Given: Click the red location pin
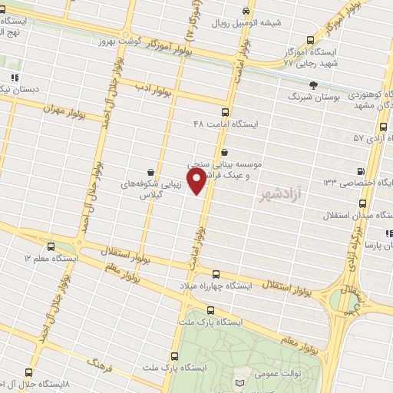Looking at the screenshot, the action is (197, 180).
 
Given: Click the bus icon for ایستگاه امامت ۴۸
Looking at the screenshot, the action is (224, 111).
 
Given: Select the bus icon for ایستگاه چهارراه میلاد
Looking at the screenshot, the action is (216, 273).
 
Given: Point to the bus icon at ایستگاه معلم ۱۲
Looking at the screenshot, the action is (51, 247).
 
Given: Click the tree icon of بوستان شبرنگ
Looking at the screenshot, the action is (313, 85).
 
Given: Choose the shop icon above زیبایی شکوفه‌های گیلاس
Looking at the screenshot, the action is (150, 172).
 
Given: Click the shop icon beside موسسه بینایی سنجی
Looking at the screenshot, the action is (223, 152).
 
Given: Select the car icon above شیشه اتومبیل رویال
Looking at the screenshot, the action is (245, 12).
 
